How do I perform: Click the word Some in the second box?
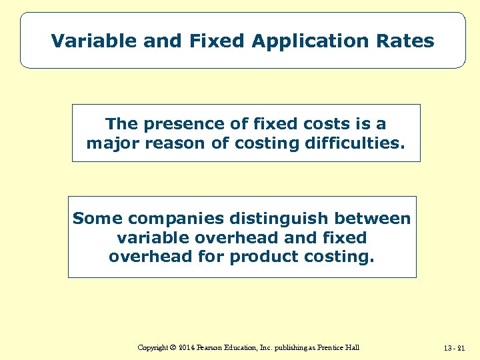tap(97, 219)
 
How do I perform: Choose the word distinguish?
tap(283, 219)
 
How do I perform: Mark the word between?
tap(375, 219)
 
